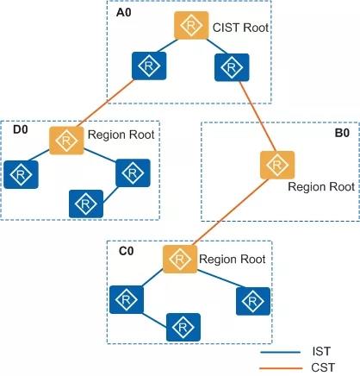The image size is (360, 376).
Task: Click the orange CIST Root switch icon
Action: pyautogui.click(x=191, y=25)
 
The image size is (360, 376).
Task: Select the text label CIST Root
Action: pyautogui.click(x=240, y=28)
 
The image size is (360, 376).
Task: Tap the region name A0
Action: pyautogui.click(x=124, y=13)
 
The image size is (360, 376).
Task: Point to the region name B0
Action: pyautogui.click(x=342, y=133)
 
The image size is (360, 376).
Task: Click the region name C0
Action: pyautogui.click(x=127, y=251)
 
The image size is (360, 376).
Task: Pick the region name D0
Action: pyautogui.click(x=21, y=129)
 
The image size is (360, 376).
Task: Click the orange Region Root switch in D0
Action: pyautogui.click(x=66, y=141)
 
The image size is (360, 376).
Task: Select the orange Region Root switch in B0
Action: pyautogui.click(x=277, y=165)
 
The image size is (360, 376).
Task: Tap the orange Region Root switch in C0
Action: pyautogui.click(x=180, y=260)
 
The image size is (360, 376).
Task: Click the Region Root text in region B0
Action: pyautogui.click(x=321, y=186)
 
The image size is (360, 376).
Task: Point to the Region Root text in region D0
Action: pyautogui.click(x=121, y=135)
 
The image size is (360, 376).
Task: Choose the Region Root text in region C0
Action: pyautogui.click(x=233, y=259)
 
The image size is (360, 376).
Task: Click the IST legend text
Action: pyautogui.click(x=321, y=351)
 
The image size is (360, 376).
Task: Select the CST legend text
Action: pyautogui.click(x=323, y=367)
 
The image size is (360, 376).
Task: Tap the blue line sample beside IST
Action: pyautogui.click(x=280, y=352)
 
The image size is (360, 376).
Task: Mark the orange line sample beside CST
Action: pyautogui.click(x=281, y=368)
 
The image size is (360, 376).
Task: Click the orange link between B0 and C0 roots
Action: pyautogui.click(x=233, y=212)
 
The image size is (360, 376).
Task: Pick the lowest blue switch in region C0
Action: pyautogui.click(x=183, y=327)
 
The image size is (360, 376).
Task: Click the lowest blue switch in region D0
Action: pyautogui.click(x=86, y=204)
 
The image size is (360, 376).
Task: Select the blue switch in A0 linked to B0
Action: pyautogui.click(x=232, y=67)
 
